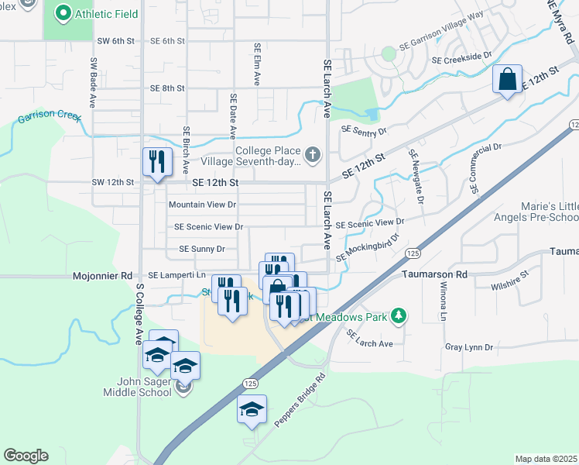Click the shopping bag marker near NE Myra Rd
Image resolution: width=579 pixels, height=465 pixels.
tap(507, 80)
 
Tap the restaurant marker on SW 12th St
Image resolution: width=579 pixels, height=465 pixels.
tap(157, 162)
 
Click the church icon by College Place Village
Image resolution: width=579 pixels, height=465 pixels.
tap(313, 155)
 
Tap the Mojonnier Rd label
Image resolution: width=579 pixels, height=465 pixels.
tap(103, 275)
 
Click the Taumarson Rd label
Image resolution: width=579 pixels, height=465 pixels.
tap(435, 274)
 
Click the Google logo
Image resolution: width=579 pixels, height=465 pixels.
tap(26, 456)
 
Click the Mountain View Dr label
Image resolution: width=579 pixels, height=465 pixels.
tap(202, 205)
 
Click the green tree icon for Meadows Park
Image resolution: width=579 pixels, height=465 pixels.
tap(399, 315)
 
